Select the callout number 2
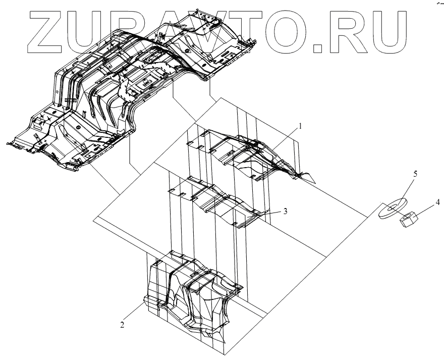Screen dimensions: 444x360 coord(122,325)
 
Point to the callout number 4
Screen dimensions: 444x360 coord(437,203)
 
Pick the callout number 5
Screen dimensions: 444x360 coord(415,173)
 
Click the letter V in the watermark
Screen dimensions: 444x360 coord(202,31)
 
